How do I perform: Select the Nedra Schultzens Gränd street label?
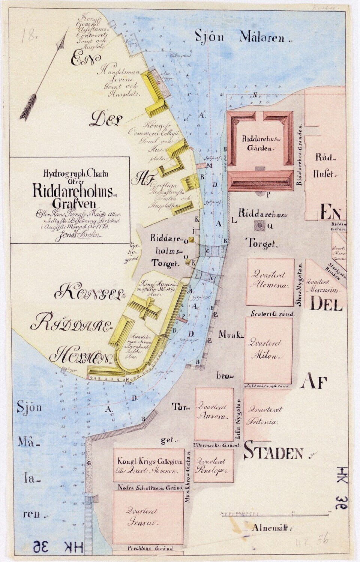[x=148, y=488]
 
